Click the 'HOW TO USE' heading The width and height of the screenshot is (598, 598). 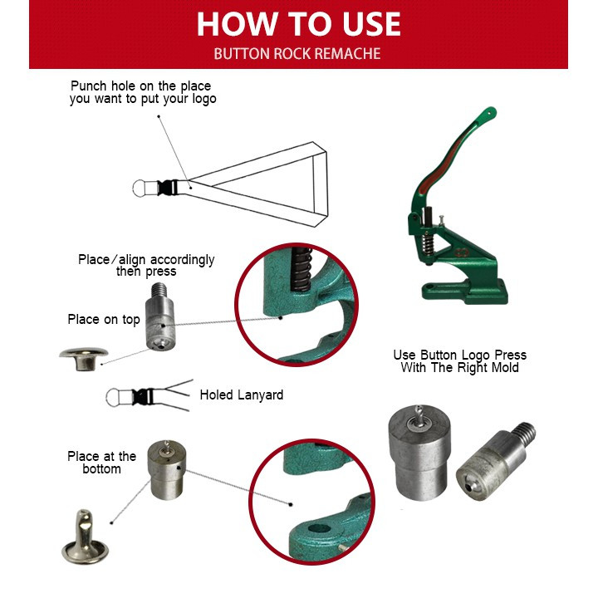point(299,24)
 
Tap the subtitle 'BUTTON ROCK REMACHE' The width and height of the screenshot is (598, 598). point(297,54)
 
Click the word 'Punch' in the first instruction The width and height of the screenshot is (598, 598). point(89,86)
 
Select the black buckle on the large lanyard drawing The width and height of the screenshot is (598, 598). point(168,187)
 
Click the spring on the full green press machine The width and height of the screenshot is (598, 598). point(429,244)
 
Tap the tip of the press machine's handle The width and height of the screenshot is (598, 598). point(491,111)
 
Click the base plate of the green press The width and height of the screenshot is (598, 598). point(465,292)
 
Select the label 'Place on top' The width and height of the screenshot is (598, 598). point(104,319)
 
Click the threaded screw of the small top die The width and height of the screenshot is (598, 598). point(158,292)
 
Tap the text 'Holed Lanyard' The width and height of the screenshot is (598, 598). point(242,395)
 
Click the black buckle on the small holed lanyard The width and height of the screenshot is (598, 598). point(143,397)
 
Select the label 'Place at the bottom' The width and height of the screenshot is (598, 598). point(102,463)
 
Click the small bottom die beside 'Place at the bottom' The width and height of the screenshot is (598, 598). point(166,470)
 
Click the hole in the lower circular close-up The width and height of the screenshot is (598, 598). point(319,528)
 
